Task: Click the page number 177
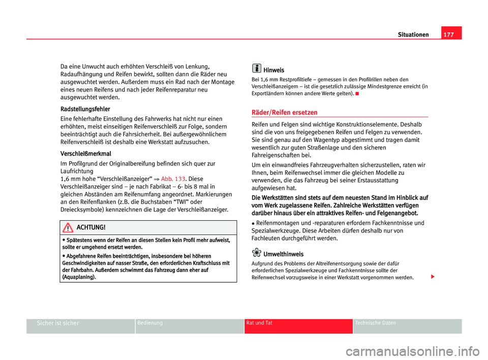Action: [x=451, y=35]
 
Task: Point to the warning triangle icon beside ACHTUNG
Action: [x=67, y=227]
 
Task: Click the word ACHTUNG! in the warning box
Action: [x=91, y=227]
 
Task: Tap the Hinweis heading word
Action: [x=274, y=70]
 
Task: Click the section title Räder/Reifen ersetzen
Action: [x=285, y=112]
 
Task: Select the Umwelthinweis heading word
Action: [x=283, y=254]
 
